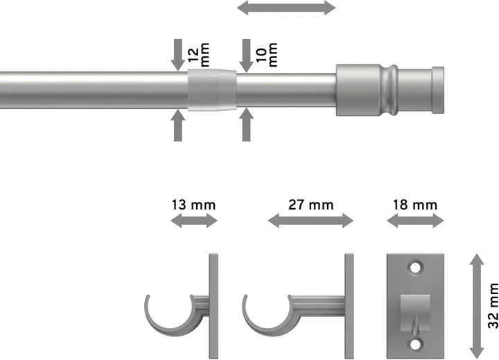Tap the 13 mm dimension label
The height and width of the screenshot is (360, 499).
pyautogui.click(x=194, y=205)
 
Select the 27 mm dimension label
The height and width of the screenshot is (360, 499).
pyautogui.click(x=310, y=205)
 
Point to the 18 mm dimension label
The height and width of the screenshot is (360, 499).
pyautogui.click(x=415, y=205)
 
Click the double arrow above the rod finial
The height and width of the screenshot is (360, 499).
pyautogui.click(x=286, y=8)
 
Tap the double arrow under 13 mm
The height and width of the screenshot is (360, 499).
pyautogui.click(x=194, y=221)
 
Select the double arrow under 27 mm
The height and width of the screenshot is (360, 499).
pyautogui.click(x=310, y=221)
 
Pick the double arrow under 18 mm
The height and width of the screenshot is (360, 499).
pyautogui.click(x=415, y=221)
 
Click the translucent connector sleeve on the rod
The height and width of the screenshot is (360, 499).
pyautogui.click(x=211, y=89)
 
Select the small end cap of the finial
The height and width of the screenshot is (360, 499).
pyautogui.click(x=438, y=89)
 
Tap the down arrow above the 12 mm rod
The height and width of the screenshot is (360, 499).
pyautogui.click(x=178, y=54)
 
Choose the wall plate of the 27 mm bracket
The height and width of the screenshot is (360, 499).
pyautogui.click(x=349, y=303)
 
